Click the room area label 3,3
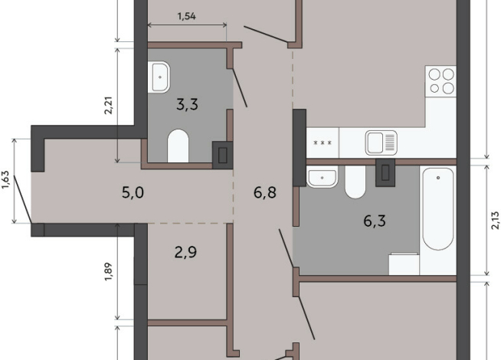coord(187,104)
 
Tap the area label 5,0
coord(133,192)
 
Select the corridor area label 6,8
coord(265,192)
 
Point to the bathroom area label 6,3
coord(375,221)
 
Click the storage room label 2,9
coord(185,252)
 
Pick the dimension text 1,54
coord(187,16)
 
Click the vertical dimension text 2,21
coord(109,106)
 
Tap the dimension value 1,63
coord(6,180)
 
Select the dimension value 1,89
coord(109,271)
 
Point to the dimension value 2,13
coord(495,221)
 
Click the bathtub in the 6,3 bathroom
coord(437,209)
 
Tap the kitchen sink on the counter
coord(381,142)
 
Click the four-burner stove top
coord(440,81)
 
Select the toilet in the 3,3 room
coord(178,146)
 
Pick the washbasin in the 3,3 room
coord(159,77)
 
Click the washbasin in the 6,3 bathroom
coord(322,177)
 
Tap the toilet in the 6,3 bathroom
coord(355,182)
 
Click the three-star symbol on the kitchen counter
coord(323,142)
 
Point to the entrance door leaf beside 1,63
coord(22,198)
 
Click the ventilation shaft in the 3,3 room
coord(222,155)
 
